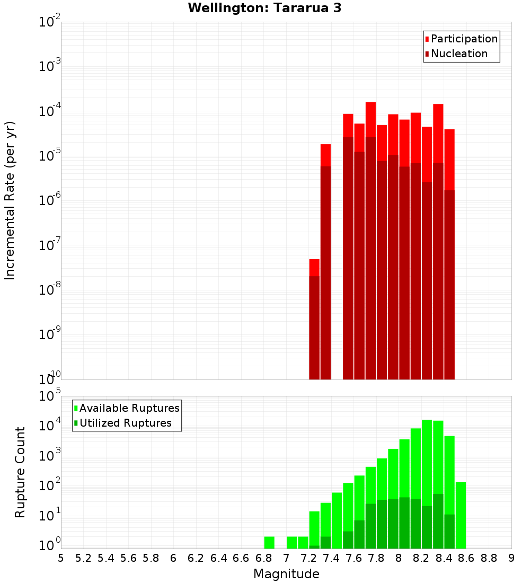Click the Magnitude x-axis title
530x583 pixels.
(286, 574)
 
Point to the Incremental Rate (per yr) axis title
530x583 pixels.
(10, 200)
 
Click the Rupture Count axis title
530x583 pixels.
(20, 472)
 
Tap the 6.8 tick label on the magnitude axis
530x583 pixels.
(263, 558)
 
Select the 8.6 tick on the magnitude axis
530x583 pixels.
(466, 558)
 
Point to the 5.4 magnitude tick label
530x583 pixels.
(106, 558)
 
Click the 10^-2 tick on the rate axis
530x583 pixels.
(50, 22)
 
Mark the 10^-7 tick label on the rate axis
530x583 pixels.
(50, 245)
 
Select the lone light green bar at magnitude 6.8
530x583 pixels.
(269, 543)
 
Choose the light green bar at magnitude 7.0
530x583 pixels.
(291, 543)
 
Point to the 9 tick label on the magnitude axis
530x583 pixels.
(511, 558)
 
